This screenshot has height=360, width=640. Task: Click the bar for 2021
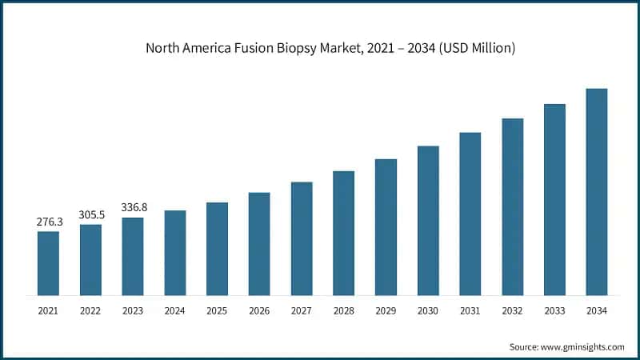48,263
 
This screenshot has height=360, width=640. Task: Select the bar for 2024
175,253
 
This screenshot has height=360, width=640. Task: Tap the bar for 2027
302,238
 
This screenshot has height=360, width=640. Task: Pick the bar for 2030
428,221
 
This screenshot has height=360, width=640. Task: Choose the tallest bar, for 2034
597,192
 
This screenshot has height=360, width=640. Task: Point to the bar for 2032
513,207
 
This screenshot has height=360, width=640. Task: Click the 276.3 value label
48,222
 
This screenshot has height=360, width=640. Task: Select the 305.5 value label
90,214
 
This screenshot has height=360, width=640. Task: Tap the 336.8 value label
133,207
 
